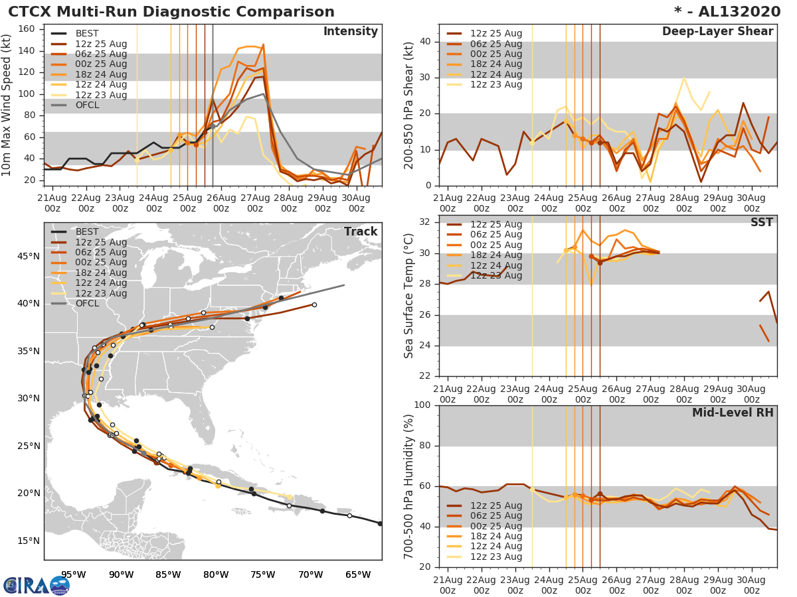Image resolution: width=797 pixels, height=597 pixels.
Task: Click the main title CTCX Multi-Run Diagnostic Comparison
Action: [171, 12]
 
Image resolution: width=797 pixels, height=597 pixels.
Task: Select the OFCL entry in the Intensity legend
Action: [87, 105]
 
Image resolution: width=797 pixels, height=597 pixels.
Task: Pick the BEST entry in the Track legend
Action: [87, 232]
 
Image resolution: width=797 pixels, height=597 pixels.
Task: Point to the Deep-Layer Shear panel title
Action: [717, 32]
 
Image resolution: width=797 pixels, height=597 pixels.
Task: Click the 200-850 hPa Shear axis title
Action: [409, 105]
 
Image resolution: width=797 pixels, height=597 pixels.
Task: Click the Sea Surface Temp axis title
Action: [409, 296]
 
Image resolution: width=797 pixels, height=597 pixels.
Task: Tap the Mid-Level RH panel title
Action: [733, 413]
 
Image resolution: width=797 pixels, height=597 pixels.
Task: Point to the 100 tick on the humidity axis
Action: [423, 405]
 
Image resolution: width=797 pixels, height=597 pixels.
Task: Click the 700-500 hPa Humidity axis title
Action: [409, 486]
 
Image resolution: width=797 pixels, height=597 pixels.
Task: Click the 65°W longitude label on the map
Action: [358, 574]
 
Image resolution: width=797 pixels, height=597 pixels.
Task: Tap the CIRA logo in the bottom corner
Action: [36, 585]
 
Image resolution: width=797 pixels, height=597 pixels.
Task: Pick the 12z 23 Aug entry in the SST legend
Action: [495, 275]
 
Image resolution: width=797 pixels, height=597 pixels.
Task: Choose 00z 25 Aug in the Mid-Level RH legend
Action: [495, 526]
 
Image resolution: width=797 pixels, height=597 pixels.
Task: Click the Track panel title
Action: [360, 232]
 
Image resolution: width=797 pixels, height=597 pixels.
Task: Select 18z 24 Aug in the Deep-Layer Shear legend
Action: [495, 64]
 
